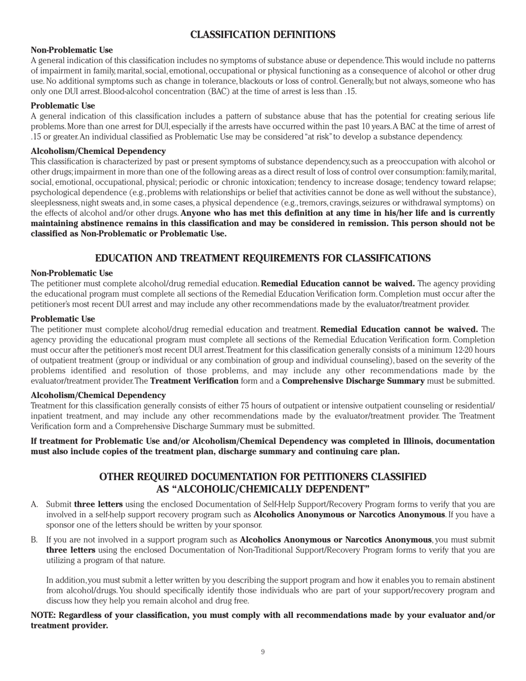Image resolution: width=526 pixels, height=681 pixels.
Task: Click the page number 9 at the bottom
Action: tap(263, 652)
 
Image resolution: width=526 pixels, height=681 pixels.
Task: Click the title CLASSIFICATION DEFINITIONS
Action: tap(263, 35)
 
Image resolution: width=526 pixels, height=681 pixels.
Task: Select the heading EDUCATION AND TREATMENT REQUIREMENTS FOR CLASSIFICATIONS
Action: tap(263, 259)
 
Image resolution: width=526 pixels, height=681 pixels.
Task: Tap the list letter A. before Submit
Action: tap(34, 504)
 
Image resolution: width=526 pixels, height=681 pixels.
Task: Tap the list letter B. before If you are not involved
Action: tap(34, 540)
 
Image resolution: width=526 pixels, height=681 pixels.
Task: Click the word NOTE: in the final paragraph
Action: tap(44, 616)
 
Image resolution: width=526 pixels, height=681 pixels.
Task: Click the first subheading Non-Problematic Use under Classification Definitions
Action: tap(71, 50)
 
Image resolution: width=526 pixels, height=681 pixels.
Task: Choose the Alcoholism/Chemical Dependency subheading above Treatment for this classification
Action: tap(98, 395)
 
